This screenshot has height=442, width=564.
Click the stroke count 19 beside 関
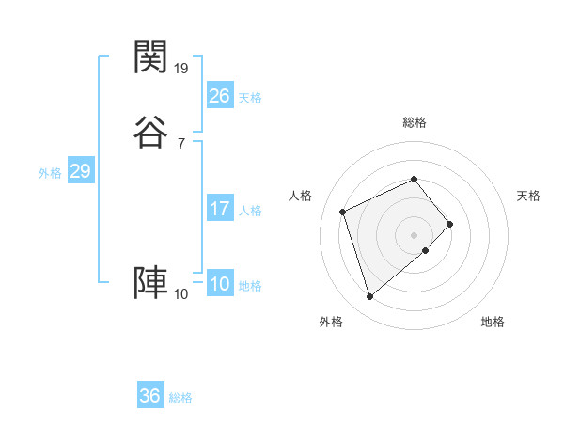coord(181,68)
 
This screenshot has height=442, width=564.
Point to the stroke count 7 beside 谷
coord(180,143)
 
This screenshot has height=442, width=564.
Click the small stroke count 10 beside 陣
coord(181,294)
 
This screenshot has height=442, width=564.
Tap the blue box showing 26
coord(219,95)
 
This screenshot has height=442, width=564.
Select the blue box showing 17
coord(219,209)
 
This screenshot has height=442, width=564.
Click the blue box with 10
coord(219,284)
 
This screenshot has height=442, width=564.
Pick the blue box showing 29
coord(80,171)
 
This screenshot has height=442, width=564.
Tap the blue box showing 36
coord(149,396)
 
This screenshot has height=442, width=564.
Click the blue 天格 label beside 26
coord(250,98)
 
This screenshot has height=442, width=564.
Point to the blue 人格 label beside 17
coord(250,211)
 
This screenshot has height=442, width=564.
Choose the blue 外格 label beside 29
coord(50,173)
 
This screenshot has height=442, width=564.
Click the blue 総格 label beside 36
coord(180,398)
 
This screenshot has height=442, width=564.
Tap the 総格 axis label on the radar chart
coord(414,122)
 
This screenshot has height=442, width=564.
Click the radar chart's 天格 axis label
coord(528,196)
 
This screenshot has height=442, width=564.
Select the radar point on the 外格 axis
coord(369,297)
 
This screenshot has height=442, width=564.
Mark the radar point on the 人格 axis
coord(344,211)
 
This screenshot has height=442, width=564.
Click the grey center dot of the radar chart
coord(414,234)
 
